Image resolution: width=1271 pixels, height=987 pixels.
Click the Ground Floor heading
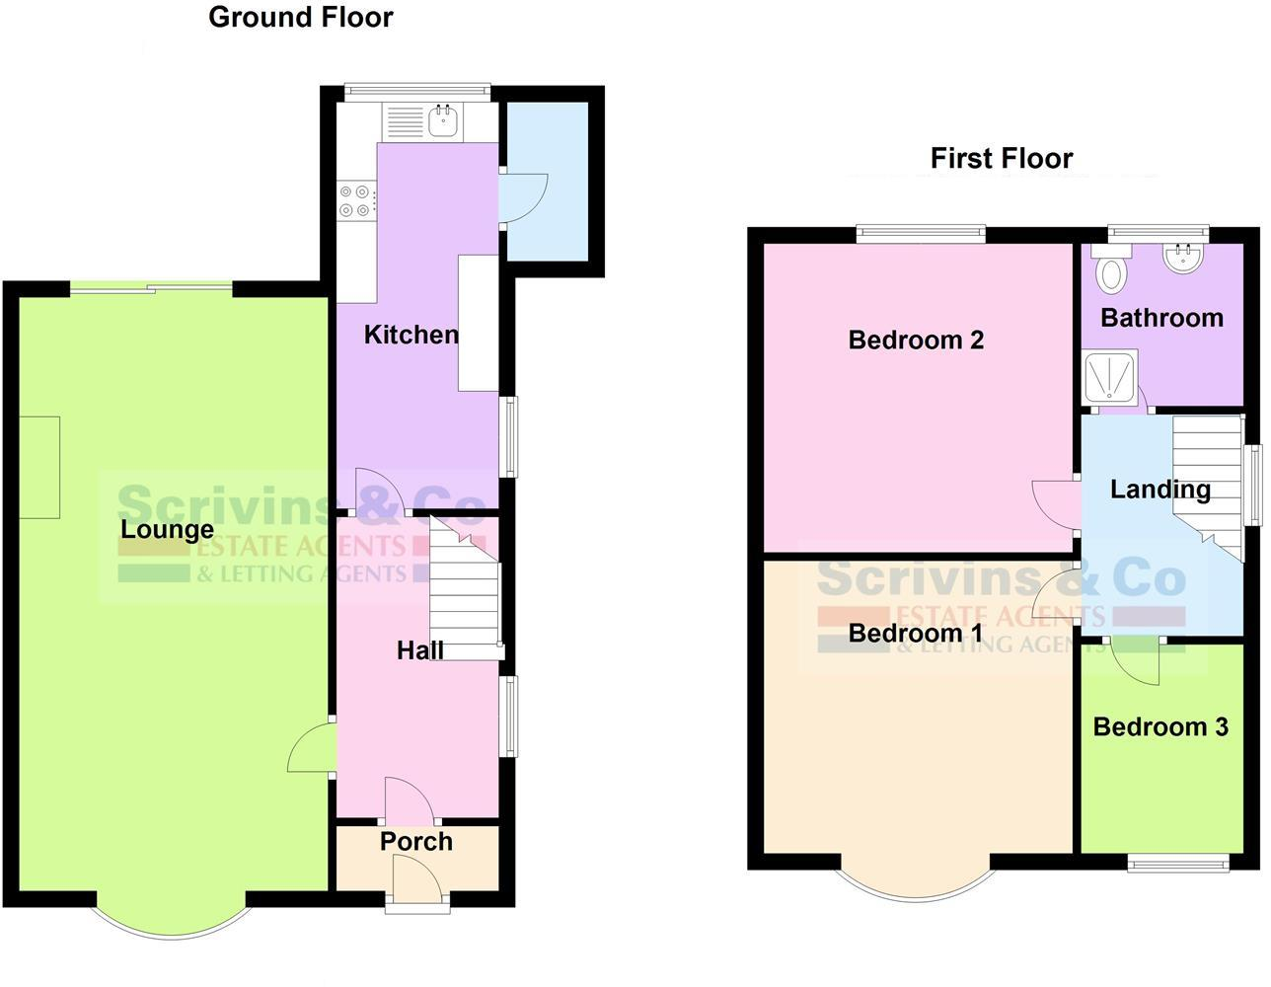click(300, 18)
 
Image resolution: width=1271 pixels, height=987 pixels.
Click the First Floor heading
click(1001, 159)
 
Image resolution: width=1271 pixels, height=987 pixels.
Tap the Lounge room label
click(167, 530)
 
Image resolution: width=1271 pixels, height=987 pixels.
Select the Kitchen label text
click(411, 335)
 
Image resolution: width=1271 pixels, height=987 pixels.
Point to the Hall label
click(419, 650)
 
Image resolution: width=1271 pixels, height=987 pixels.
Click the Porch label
click(416, 842)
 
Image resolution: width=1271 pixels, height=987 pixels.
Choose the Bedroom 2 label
click(916, 341)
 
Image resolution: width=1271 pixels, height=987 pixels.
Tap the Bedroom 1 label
click(915, 633)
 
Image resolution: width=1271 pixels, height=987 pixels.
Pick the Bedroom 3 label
click(1160, 727)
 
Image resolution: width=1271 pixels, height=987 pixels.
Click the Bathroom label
click(1161, 318)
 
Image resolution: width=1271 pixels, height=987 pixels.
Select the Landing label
click(1159, 490)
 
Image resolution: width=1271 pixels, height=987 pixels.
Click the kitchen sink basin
click(442, 121)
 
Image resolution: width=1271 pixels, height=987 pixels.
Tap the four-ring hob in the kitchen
click(356, 200)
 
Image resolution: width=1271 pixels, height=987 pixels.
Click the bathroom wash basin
click(1181, 259)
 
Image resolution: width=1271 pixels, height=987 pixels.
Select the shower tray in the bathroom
click(1111, 376)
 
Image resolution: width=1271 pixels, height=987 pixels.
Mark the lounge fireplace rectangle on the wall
click(39, 467)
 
